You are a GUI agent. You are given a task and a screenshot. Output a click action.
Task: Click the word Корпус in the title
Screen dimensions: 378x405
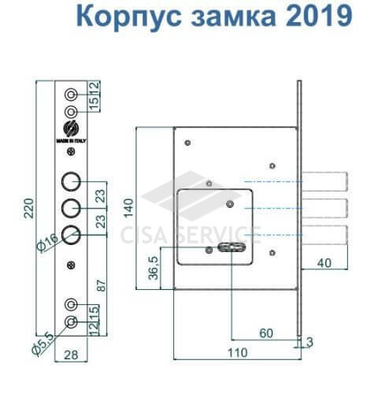(x=128, y=17)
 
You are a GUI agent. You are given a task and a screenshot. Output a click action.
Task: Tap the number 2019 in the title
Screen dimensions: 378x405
(x=318, y=15)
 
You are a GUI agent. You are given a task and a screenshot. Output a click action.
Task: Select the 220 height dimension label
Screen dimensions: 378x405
(x=29, y=208)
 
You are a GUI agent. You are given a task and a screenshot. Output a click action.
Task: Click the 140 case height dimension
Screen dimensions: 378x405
(x=128, y=208)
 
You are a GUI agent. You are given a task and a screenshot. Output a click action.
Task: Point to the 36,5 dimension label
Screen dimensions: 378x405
(x=154, y=268)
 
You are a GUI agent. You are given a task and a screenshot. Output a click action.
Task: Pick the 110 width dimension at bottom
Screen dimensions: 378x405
(x=237, y=353)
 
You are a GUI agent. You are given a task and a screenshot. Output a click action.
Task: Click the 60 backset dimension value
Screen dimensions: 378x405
(x=266, y=333)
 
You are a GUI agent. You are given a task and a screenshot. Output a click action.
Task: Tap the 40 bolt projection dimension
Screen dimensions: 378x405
(x=324, y=263)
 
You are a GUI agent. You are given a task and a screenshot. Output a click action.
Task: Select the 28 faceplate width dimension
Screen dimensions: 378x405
(x=71, y=355)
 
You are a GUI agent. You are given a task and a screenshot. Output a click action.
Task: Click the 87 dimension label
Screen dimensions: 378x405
(x=102, y=285)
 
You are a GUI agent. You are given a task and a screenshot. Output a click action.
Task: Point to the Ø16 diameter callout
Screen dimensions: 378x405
(x=47, y=243)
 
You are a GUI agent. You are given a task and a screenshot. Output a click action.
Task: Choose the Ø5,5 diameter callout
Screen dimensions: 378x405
(x=43, y=344)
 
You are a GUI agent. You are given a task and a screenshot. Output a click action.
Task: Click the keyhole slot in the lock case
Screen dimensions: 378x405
(x=232, y=247)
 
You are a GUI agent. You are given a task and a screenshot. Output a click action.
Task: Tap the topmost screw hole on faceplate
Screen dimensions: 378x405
(x=71, y=95)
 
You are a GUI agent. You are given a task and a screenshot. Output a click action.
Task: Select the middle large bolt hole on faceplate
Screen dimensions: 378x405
(x=71, y=208)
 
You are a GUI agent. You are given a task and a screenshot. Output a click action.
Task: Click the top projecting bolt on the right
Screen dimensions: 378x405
(x=325, y=181)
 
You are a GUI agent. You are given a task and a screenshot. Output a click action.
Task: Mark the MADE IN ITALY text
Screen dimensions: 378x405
(x=71, y=141)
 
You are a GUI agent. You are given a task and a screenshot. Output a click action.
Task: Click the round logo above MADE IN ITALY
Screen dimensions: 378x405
(x=71, y=128)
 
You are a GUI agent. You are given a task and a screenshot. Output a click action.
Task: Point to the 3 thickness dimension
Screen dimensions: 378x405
(x=309, y=342)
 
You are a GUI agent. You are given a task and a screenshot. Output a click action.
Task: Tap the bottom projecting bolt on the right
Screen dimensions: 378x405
(x=325, y=235)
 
